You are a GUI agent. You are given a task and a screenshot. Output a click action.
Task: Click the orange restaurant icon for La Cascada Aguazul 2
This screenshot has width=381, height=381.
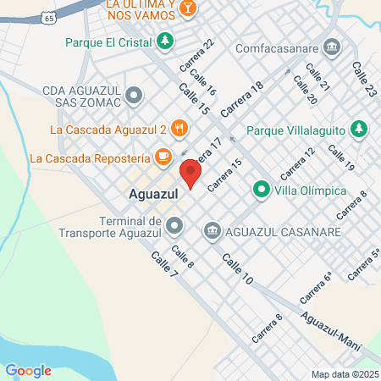pyautogui.click(x=178, y=129)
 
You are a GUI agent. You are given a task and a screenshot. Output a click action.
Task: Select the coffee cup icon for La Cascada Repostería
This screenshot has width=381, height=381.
pyautogui.click(x=163, y=157)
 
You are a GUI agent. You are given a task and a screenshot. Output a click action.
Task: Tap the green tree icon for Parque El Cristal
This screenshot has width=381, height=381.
pyautogui.click(x=164, y=40)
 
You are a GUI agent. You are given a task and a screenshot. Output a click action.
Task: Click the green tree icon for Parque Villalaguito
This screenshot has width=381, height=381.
pyautogui.click(x=361, y=130)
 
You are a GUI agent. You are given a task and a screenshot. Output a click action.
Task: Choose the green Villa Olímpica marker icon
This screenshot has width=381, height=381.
pyautogui.click(x=262, y=190)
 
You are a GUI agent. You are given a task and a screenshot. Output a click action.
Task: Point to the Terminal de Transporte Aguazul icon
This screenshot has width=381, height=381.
pyautogui.click(x=174, y=224)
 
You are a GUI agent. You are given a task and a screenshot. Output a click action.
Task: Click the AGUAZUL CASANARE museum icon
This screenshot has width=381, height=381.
pyautogui.click(x=212, y=230)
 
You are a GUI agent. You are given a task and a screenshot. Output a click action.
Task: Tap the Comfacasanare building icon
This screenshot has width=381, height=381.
pyautogui.click(x=331, y=44)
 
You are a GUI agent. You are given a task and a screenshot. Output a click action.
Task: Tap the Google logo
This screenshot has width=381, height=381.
pyautogui.click(x=28, y=370)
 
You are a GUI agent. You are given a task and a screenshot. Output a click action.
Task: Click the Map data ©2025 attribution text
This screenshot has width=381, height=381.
pyautogui.click(x=345, y=374)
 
